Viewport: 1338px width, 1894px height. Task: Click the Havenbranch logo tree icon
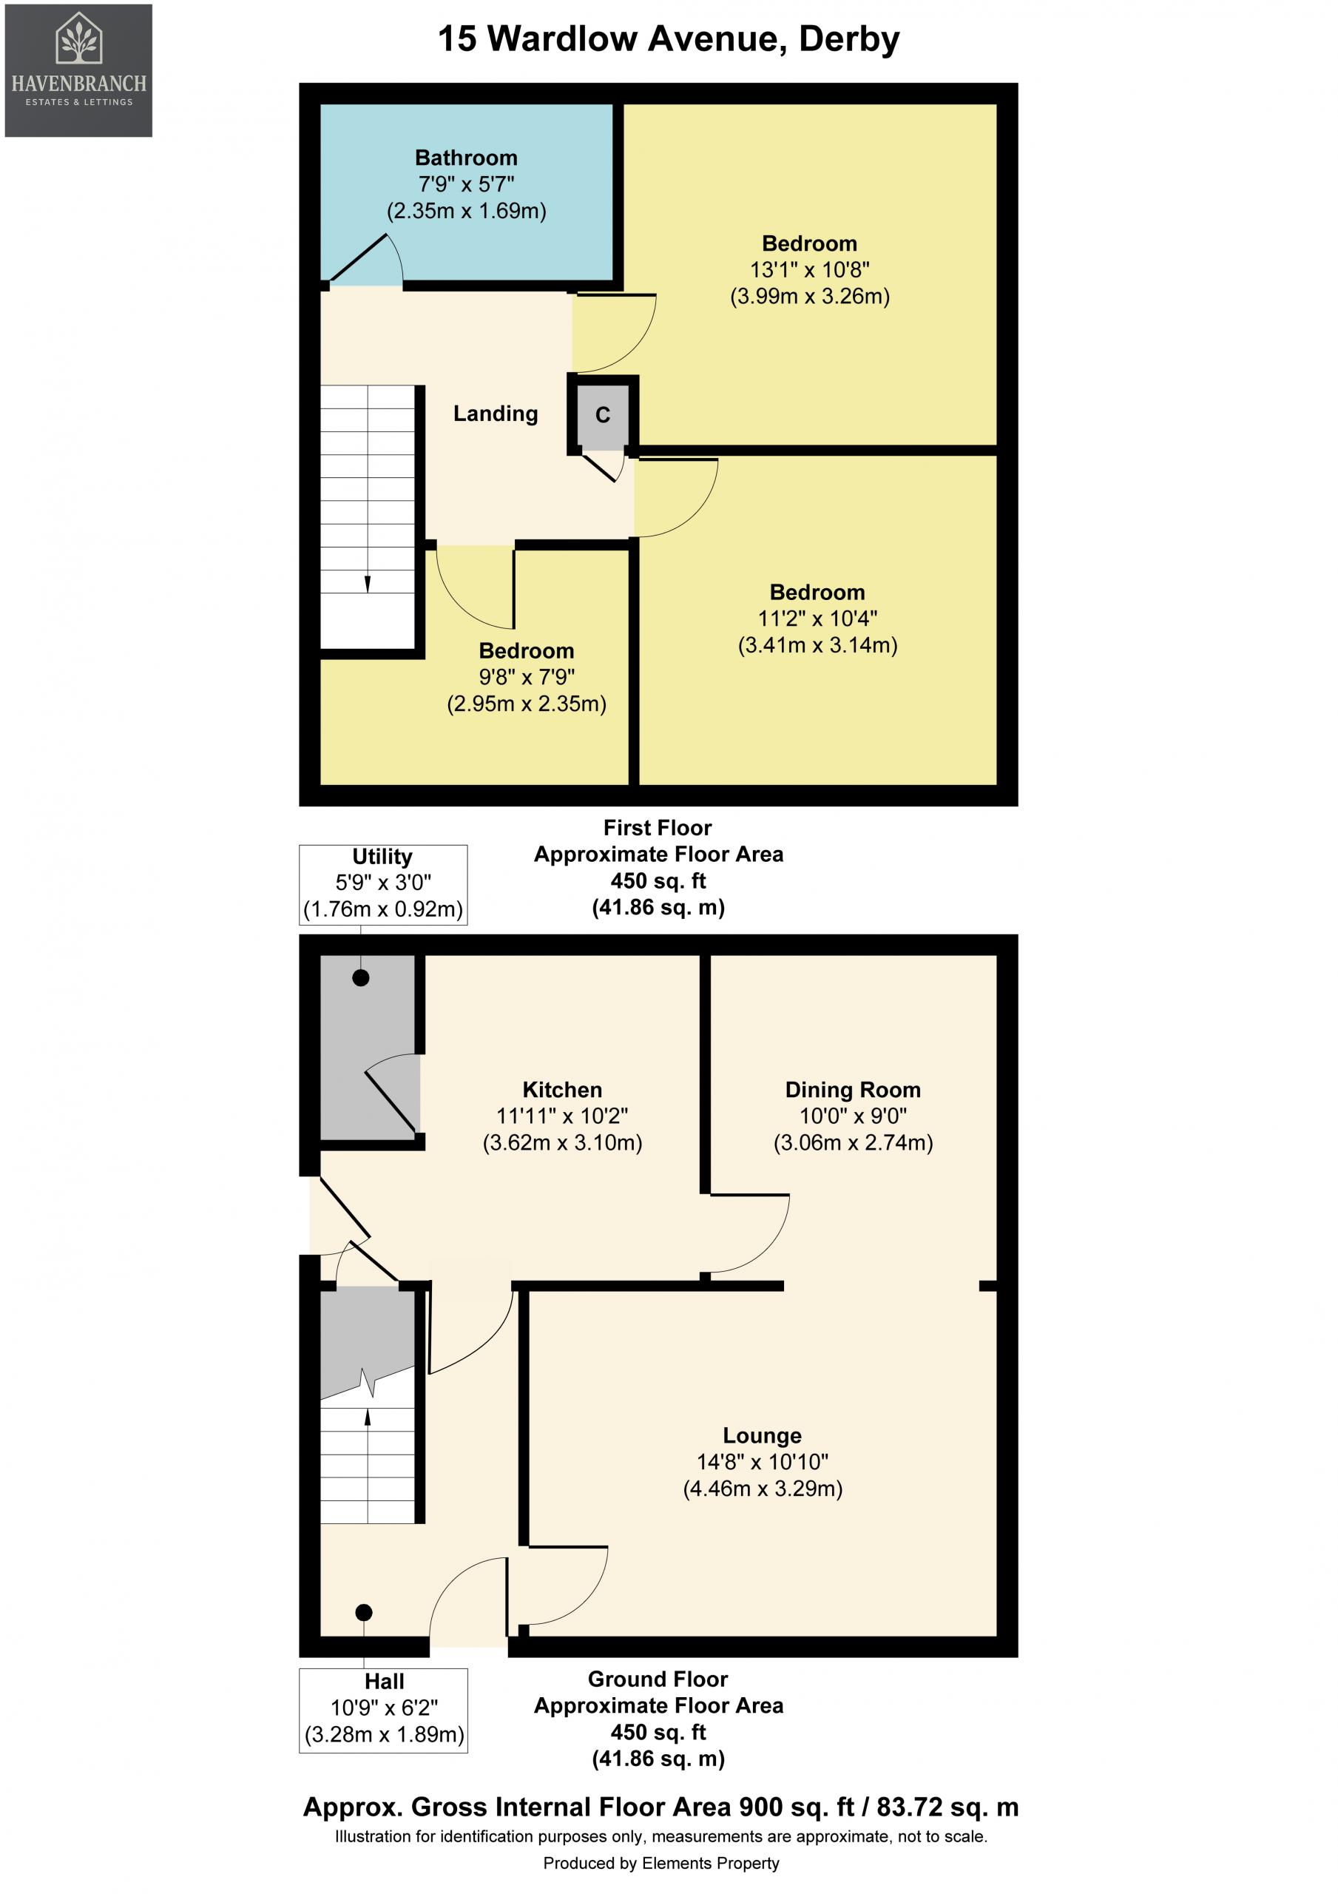pyautogui.click(x=78, y=38)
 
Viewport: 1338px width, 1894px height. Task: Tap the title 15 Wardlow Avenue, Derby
pyautogui.click(x=668, y=38)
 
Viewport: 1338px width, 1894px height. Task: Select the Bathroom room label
pyautogui.click(x=466, y=158)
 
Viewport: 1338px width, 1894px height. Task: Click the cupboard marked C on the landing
pyautogui.click(x=603, y=414)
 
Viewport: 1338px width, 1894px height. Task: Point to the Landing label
pyautogui.click(x=496, y=414)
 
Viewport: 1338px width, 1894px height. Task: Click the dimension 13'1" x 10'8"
pyautogui.click(x=809, y=270)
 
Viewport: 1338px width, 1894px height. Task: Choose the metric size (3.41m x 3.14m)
pyautogui.click(x=817, y=645)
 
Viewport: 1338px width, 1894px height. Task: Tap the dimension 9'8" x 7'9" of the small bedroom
pyautogui.click(x=527, y=677)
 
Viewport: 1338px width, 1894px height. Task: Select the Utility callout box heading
pyautogui.click(x=382, y=856)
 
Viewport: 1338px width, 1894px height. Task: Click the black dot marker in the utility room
pyautogui.click(x=360, y=977)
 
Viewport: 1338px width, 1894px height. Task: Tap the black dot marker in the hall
pyautogui.click(x=364, y=1612)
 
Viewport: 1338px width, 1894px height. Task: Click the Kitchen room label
pyautogui.click(x=562, y=1090)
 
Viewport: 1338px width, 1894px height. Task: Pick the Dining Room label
pyautogui.click(x=853, y=1090)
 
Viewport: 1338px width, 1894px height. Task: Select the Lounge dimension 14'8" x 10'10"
pyautogui.click(x=763, y=1462)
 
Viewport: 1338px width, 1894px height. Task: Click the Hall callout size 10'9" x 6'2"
pyautogui.click(x=384, y=1708)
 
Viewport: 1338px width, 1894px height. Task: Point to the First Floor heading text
pyautogui.click(x=658, y=827)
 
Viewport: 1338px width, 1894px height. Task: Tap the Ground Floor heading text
pyautogui.click(x=658, y=1679)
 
